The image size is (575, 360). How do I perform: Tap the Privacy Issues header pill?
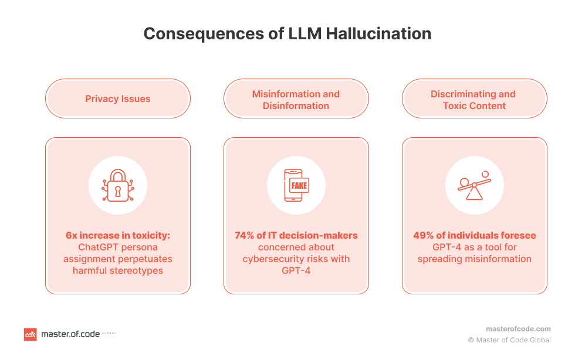[x=118, y=99]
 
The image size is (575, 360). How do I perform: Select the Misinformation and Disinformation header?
[x=296, y=100]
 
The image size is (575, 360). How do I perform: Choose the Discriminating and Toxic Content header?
[x=474, y=100]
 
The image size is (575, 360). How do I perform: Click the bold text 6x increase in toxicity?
[x=118, y=236]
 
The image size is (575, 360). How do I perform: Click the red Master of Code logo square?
[x=30, y=334]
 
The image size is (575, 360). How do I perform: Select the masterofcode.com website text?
[x=518, y=329]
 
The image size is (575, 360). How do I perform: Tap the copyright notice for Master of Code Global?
[x=509, y=340]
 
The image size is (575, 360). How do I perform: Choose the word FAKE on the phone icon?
[x=299, y=186]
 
